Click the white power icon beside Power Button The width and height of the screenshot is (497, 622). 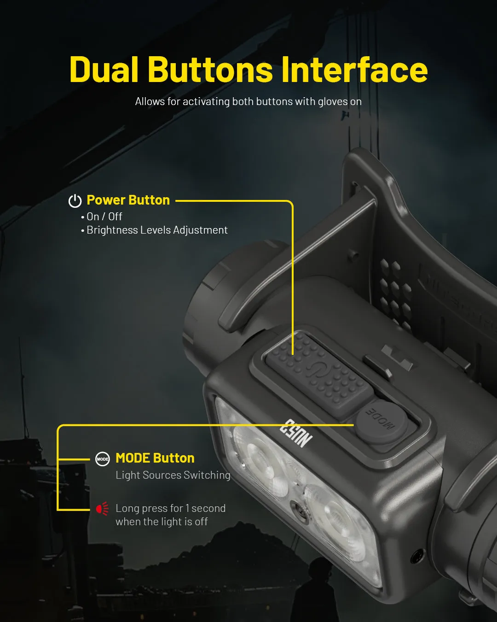pos(75,200)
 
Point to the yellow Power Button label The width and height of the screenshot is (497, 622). pos(128,200)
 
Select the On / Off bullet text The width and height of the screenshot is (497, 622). pos(104,217)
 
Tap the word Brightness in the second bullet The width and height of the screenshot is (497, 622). pos(112,230)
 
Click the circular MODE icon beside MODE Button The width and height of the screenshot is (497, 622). pos(103,459)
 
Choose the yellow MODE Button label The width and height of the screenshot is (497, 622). pos(155,458)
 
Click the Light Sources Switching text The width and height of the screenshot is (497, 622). pos(173,475)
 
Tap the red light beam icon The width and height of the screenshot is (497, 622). pos(103,508)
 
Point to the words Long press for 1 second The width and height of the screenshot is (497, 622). pos(170,508)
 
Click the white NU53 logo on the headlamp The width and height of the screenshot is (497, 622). pos(296,433)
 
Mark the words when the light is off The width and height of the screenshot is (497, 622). pos(162,522)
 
